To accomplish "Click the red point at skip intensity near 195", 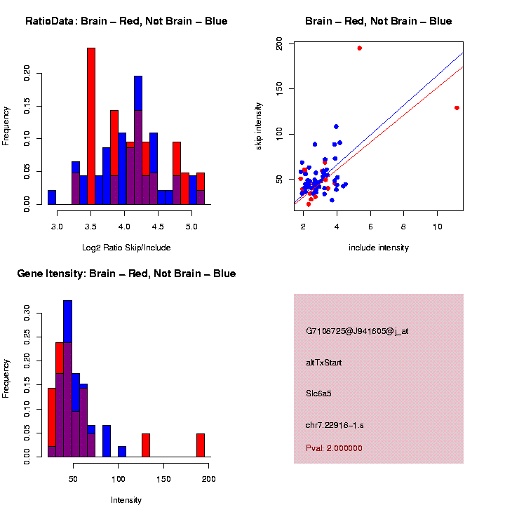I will [359, 48].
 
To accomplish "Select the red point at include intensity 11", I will [457, 108].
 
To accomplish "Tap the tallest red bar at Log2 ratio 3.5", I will [91, 126].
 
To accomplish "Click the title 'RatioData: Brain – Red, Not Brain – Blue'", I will [126, 21].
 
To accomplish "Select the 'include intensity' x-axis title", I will [379, 248].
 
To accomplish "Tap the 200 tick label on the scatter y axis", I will [279, 44].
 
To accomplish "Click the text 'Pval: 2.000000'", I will [334, 448].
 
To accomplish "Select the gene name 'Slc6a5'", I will [318, 393].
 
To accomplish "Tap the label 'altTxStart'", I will [323, 363].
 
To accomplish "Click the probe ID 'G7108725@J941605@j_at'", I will [357, 331].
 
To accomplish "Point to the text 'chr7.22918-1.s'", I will [335, 425].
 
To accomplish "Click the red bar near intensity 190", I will [201, 445].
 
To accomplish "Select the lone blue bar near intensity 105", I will [122, 452].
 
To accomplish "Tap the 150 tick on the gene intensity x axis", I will [163, 479].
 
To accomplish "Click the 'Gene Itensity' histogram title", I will [126, 274].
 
